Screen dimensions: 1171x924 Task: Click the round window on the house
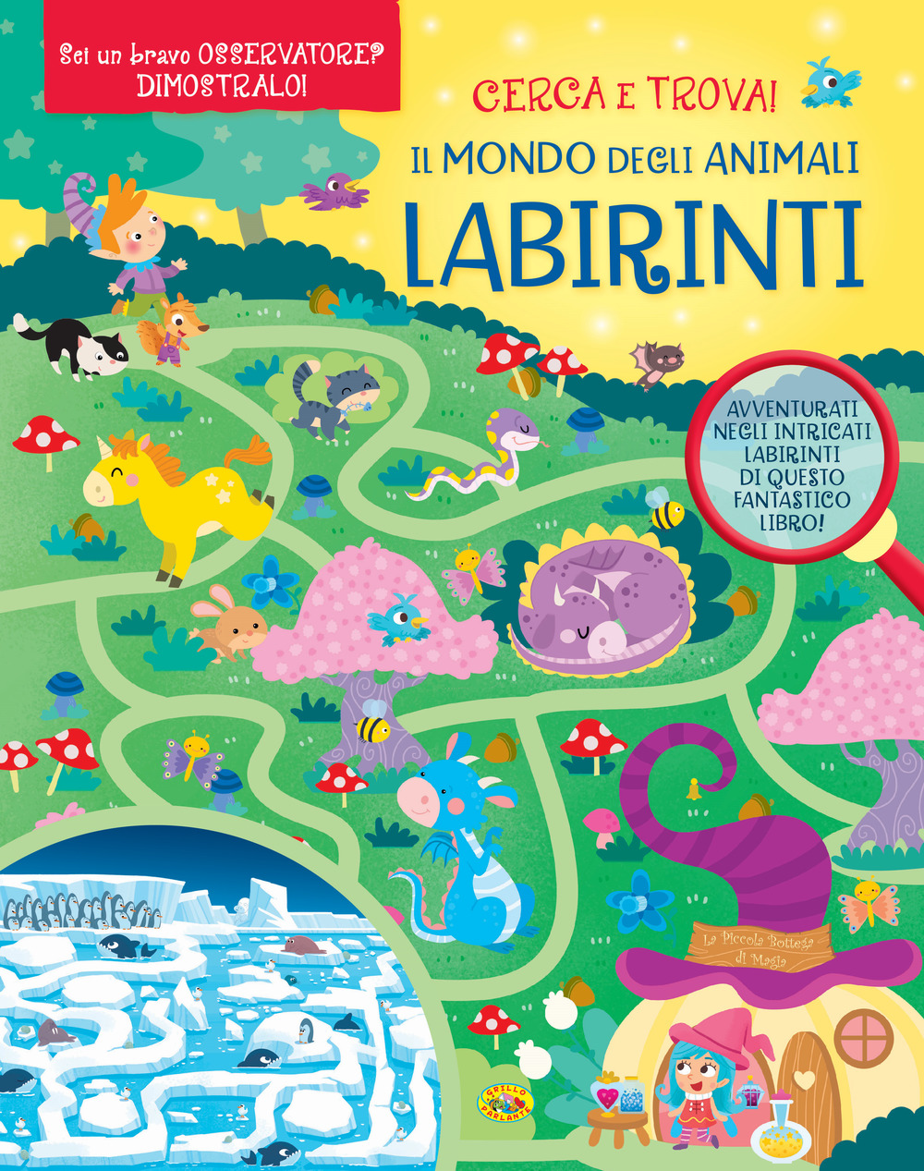864,1033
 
